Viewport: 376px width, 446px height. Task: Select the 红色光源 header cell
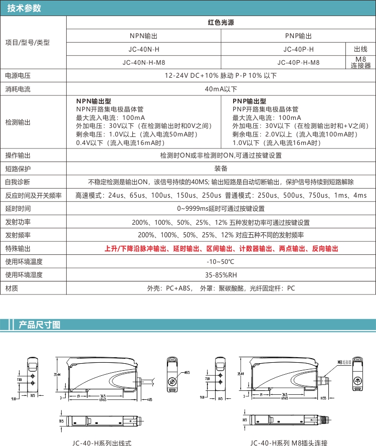point(221,23)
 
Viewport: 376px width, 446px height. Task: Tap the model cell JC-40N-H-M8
point(144,63)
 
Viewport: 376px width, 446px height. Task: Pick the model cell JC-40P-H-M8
point(298,63)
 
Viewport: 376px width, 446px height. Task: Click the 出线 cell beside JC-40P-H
point(361,49)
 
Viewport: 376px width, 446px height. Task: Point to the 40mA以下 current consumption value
point(221,89)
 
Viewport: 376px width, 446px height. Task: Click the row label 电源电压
point(18,76)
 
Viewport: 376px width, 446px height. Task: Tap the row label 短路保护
point(18,169)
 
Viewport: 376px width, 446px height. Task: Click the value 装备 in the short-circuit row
point(221,169)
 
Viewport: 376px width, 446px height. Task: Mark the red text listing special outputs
point(221,249)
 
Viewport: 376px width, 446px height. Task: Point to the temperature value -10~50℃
point(221,262)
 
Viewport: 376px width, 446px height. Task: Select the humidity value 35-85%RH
point(221,275)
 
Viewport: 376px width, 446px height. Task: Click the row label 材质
point(12,288)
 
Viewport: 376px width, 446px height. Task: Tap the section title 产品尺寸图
point(39,325)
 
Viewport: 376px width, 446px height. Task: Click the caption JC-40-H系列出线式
point(102,442)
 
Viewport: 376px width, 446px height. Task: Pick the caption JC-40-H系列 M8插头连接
point(289,442)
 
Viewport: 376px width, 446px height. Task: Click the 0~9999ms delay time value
point(221,209)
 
